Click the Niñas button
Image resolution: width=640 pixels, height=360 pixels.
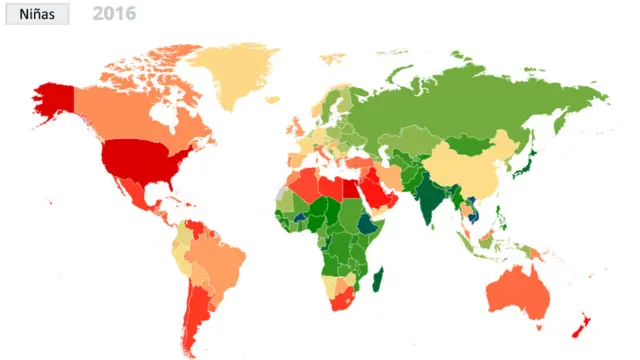pyautogui.click(x=35, y=14)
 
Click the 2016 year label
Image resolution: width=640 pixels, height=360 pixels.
pyautogui.click(x=114, y=14)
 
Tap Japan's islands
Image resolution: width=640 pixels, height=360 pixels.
pyautogui.click(x=530, y=160)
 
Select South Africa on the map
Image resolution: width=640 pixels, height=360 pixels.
pyautogui.click(x=345, y=295)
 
